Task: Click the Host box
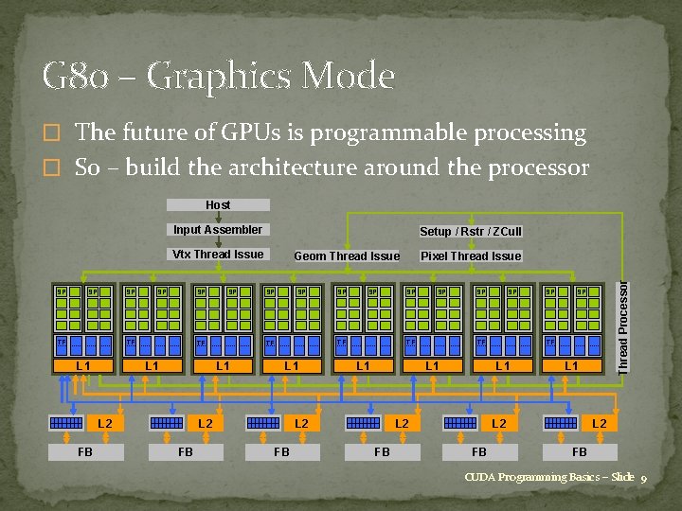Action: pos(218,204)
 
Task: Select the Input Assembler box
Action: pos(218,229)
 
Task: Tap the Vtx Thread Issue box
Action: pos(218,254)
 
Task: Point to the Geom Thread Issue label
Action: pos(347,255)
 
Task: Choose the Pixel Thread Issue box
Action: pos(471,255)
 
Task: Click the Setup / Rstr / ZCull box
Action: pos(471,231)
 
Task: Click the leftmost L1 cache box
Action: pos(83,365)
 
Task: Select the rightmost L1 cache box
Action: pos(571,365)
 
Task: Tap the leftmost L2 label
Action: pos(105,424)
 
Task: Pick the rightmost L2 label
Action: pos(599,424)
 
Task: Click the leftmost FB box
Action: pos(85,452)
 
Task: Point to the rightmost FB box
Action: pos(579,452)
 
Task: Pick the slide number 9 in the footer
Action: pos(643,478)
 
